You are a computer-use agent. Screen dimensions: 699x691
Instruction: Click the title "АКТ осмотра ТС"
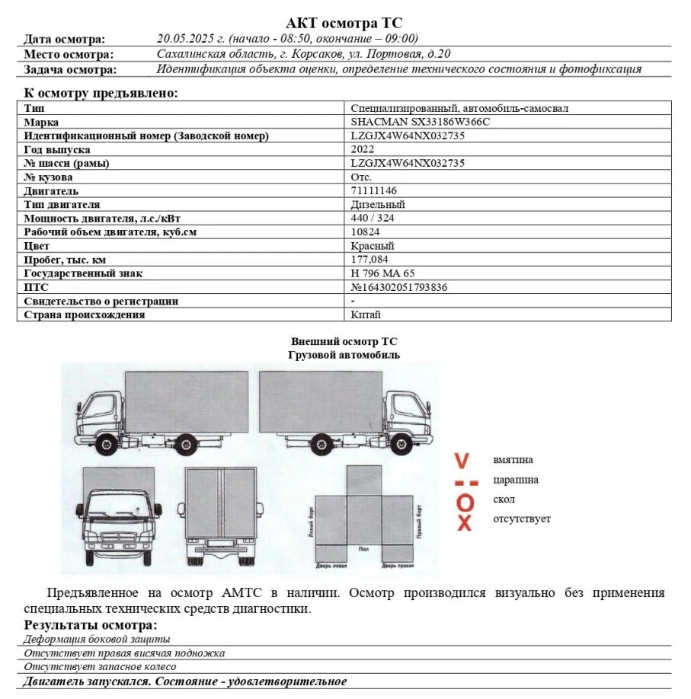click(x=344, y=23)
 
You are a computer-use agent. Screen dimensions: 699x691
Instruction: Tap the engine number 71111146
click(x=374, y=190)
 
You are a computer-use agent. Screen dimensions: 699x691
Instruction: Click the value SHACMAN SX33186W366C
click(x=420, y=122)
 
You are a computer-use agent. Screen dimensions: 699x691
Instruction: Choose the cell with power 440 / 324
click(x=373, y=218)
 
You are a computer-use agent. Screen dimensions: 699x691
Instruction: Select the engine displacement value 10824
click(x=366, y=231)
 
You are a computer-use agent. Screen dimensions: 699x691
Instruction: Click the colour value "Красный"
click(x=373, y=246)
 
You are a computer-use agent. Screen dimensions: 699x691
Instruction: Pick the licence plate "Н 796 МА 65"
click(x=383, y=273)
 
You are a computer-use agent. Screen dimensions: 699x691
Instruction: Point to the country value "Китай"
click(x=366, y=314)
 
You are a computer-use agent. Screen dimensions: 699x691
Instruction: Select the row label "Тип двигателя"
click(x=62, y=204)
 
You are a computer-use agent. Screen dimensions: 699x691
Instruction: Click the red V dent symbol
click(x=462, y=461)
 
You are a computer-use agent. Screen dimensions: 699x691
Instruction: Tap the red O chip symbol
click(x=465, y=502)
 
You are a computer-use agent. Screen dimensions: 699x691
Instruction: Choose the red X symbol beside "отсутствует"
click(x=465, y=522)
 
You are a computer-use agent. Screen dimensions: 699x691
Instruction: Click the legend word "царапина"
click(x=516, y=480)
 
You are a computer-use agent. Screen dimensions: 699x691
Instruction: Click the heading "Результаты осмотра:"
click(x=91, y=625)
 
